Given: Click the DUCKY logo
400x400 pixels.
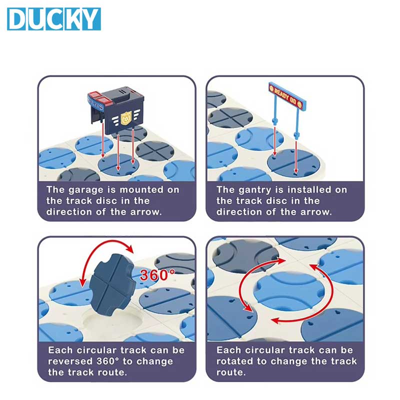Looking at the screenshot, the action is coord(54,19).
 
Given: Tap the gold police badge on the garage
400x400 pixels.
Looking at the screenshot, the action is coord(126,118).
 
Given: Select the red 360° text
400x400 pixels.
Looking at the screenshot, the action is coord(157,274).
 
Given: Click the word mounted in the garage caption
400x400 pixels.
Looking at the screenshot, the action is coord(141,190).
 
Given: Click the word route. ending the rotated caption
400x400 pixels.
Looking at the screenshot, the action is coord(231,372).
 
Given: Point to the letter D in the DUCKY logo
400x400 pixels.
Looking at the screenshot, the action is coord(17,19).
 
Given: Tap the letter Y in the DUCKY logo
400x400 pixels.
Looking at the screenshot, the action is coord(90,19).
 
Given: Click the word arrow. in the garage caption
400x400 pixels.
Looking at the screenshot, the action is coord(146,212).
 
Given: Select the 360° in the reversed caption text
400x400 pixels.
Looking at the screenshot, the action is coord(108,361).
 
